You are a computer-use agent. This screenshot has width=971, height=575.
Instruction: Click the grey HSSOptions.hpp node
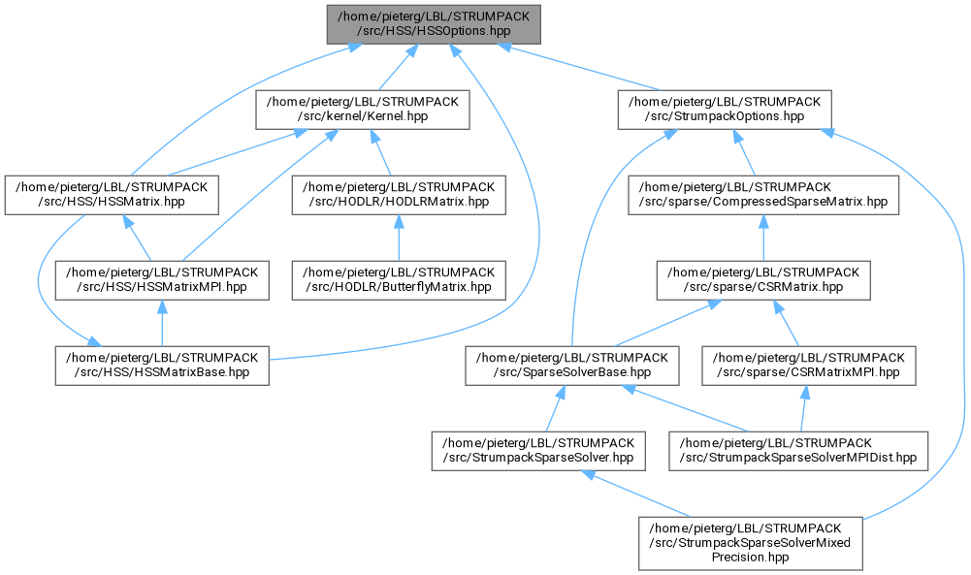pyautogui.click(x=434, y=24)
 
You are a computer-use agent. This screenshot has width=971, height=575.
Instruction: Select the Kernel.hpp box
pyautogui.click(x=362, y=110)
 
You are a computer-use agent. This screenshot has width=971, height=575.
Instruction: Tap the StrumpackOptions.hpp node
pyautogui.click(x=725, y=110)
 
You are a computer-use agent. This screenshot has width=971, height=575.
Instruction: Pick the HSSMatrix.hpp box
pyautogui.click(x=112, y=195)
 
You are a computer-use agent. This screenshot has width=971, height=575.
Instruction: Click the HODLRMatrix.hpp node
pyautogui.click(x=399, y=195)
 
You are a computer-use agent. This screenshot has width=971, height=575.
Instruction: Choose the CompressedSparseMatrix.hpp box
pyautogui.click(x=763, y=195)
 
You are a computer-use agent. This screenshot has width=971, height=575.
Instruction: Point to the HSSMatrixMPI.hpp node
pyautogui.click(x=162, y=280)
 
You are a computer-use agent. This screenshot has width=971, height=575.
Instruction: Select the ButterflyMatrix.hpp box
pyautogui.click(x=399, y=280)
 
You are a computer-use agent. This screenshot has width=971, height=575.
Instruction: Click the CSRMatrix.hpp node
pyautogui.click(x=763, y=280)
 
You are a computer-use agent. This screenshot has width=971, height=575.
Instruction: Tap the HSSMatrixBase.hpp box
pyautogui.click(x=162, y=366)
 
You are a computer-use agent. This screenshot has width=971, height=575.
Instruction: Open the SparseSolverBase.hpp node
pyautogui.click(x=572, y=366)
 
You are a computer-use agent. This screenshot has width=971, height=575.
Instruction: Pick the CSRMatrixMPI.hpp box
pyautogui.click(x=809, y=366)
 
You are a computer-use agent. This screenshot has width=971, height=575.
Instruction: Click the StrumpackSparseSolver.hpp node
pyautogui.click(x=538, y=451)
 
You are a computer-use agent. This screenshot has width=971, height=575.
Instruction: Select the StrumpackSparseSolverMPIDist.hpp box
pyautogui.click(x=798, y=451)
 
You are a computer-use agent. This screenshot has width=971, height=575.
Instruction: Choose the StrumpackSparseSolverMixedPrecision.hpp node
pyautogui.click(x=751, y=543)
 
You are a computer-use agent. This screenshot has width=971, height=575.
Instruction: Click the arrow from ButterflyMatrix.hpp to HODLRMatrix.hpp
pyautogui.click(x=399, y=238)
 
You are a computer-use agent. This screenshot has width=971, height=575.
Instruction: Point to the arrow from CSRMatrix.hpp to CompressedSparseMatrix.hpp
pyautogui.click(x=763, y=238)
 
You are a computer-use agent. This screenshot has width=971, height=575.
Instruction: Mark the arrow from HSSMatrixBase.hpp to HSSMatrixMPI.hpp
pyautogui.click(x=162, y=323)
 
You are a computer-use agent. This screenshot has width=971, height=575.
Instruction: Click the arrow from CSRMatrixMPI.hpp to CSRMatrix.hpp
pyautogui.click(x=787, y=323)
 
